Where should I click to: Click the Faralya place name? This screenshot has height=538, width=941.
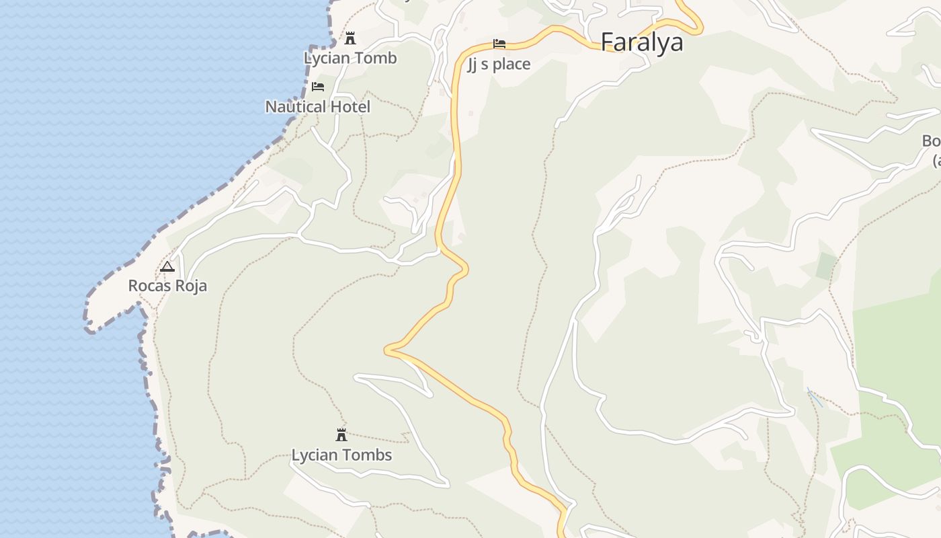[x=641, y=42]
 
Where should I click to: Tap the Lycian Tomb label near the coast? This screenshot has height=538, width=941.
[x=350, y=58]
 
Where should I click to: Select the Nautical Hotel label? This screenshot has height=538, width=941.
[x=317, y=106]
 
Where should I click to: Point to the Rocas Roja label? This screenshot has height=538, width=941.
[x=167, y=286]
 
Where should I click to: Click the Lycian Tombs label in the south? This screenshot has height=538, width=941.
[x=341, y=455]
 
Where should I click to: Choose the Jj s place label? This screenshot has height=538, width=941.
[x=499, y=65]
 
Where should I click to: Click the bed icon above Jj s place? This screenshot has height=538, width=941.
[x=499, y=44]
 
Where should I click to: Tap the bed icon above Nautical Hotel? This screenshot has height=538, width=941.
[x=318, y=87]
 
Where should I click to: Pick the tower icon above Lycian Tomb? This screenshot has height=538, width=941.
[x=350, y=38]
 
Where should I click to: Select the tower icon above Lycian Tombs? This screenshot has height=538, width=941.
[x=341, y=434]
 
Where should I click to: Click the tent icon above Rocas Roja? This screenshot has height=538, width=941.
[x=167, y=266]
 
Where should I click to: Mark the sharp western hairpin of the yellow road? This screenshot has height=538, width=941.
[x=387, y=350]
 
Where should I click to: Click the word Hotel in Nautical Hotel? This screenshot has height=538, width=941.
[x=347, y=106]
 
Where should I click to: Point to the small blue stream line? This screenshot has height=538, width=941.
[x=815, y=397]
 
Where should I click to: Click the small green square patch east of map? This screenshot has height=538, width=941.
[x=826, y=266]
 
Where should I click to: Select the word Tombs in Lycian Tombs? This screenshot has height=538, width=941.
[x=367, y=455]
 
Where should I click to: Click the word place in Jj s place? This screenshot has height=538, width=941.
[x=512, y=65]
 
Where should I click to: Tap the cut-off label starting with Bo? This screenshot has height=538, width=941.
[x=932, y=142]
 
